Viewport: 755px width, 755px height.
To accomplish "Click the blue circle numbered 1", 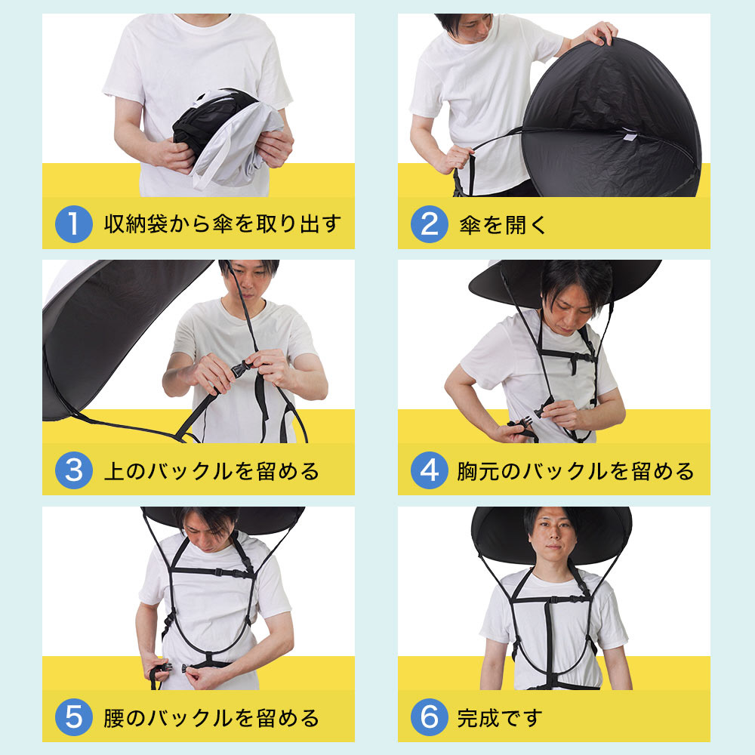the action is (x=74, y=224).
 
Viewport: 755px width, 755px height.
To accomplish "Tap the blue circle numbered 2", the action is (x=430, y=224).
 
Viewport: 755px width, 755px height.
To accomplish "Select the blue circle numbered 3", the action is (x=74, y=470).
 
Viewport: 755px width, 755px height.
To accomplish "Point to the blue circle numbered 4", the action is (x=430, y=470).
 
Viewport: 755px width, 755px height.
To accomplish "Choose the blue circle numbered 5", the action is (x=74, y=717).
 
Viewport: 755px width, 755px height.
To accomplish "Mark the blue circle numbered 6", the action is (x=430, y=717).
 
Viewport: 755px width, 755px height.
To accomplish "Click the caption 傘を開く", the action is (x=503, y=225).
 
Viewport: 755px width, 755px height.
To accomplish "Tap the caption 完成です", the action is (x=500, y=718).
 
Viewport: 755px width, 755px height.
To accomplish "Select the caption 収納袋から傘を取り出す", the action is (x=223, y=224).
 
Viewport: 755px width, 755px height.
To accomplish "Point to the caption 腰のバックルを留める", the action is (x=211, y=718).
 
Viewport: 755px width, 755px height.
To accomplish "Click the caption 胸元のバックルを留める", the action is (x=575, y=471).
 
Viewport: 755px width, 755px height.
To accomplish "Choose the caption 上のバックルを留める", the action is (x=211, y=471).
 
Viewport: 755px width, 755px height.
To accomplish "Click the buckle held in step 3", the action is (x=242, y=370).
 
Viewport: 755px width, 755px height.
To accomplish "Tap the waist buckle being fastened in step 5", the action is (x=177, y=668).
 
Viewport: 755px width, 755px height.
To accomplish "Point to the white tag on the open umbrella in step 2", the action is (x=628, y=135).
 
